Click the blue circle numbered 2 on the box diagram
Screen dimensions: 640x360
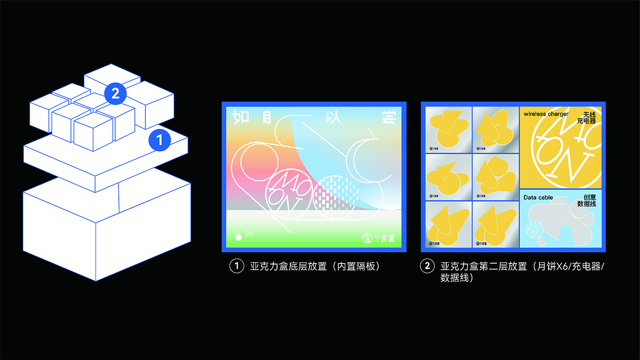click(115, 93)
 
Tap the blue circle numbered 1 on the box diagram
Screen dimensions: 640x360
click(159, 140)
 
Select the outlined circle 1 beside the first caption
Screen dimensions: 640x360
click(237, 266)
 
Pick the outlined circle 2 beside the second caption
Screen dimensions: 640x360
click(427, 266)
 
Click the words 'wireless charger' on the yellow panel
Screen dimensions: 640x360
click(546, 114)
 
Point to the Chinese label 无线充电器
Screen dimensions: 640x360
click(587, 118)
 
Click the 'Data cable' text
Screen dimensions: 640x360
click(538, 197)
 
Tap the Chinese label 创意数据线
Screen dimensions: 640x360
click(587, 201)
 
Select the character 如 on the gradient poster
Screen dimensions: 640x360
click(240, 118)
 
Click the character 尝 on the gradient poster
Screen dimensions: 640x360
click(388, 117)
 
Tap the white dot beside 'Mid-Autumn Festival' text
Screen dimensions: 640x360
click(238, 238)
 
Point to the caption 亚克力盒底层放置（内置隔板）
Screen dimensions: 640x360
click(315, 266)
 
